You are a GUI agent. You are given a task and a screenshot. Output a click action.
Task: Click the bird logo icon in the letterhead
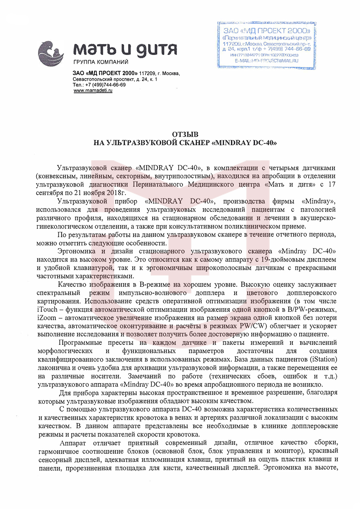click(51, 53)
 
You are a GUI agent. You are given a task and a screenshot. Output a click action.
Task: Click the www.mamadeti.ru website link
click(93, 91)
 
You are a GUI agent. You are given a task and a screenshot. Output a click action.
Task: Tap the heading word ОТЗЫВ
click(185, 134)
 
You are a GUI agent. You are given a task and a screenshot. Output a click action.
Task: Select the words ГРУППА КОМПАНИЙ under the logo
click(101, 62)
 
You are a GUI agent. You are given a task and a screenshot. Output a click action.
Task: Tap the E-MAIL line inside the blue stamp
click(267, 61)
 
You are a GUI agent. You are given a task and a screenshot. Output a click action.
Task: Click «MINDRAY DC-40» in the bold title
click(244, 143)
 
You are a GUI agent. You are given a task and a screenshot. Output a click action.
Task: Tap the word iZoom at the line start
click(47, 318)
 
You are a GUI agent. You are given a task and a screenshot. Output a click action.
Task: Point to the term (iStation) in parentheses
click(323, 359)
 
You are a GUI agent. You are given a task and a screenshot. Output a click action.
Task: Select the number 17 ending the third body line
click(332, 185)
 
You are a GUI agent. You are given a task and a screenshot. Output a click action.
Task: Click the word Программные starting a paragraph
click(80, 343)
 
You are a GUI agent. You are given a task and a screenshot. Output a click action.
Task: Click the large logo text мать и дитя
click(125, 50)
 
